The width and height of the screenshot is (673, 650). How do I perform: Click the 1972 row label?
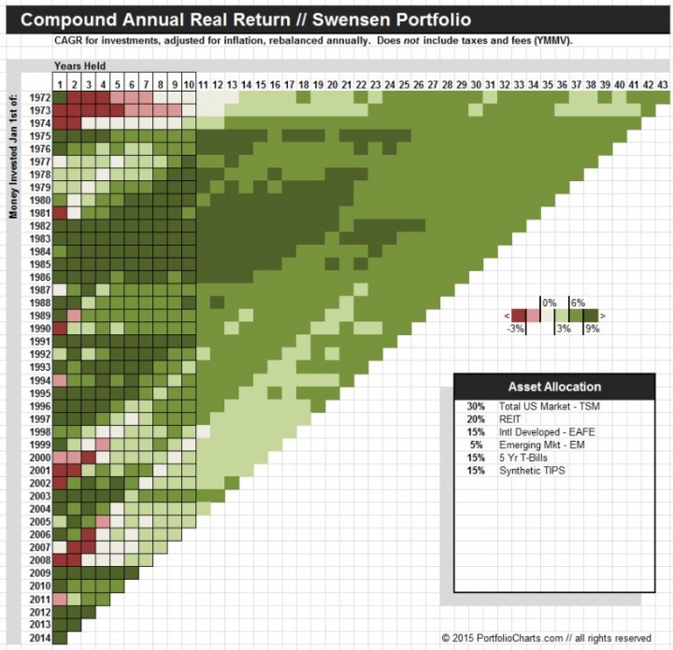[39, 96]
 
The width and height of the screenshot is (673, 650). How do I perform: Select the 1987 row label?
[39, 290]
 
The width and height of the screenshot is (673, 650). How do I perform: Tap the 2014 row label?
[39, 638]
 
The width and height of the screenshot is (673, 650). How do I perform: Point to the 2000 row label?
[39, 458]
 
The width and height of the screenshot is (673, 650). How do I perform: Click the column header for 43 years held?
[663, 84]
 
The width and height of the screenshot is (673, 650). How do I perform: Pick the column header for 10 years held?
[188, 84]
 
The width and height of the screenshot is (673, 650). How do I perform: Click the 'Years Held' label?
[79, 65]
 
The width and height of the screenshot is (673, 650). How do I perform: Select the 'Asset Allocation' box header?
[554, 387]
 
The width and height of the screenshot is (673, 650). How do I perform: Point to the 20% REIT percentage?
[476, 419]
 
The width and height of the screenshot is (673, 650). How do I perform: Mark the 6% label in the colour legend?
[577, 303]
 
